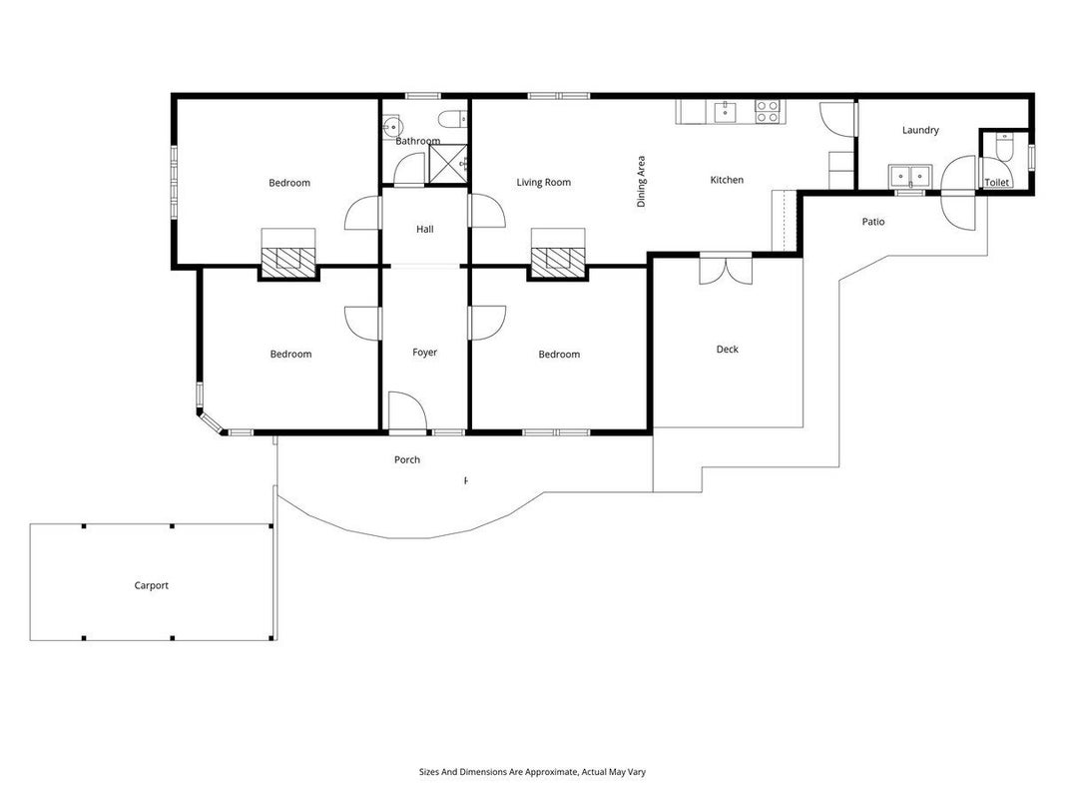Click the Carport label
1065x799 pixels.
151,585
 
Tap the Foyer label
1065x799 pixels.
424,352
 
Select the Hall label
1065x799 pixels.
424,229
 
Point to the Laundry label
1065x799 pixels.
920,130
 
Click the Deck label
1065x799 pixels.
727,350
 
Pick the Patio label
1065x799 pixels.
873,222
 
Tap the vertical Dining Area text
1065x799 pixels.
641,182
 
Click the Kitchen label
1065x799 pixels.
727,180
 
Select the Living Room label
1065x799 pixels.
543,182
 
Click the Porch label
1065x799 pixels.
407,460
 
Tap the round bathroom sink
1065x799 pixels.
392,126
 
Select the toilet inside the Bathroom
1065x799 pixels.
453,120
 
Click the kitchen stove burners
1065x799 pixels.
768,112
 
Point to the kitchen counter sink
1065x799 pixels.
726,112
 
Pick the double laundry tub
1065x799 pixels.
910,176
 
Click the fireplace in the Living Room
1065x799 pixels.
558,260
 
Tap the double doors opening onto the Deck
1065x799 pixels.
726,269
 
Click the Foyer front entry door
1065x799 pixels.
407,411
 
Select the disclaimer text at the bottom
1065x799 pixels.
532,772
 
